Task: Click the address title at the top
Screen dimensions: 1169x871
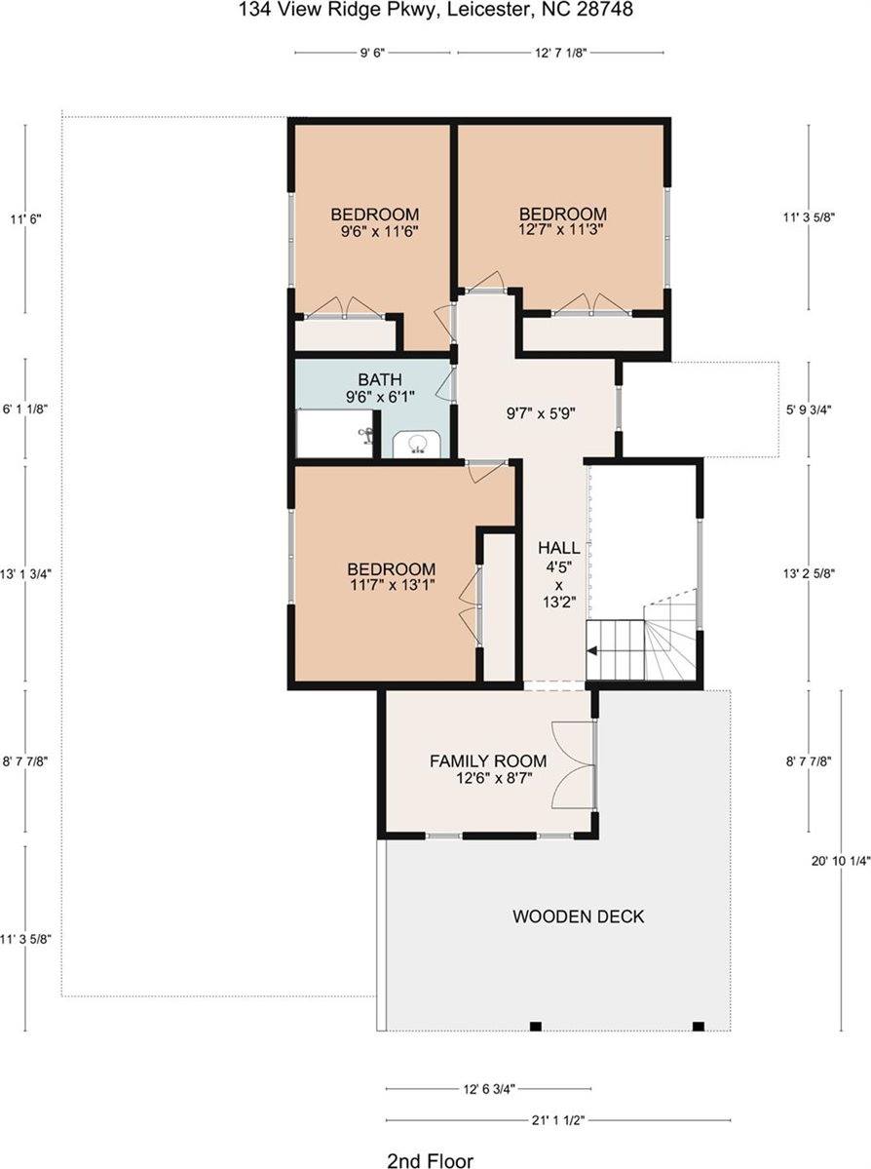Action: [x=435, y=11]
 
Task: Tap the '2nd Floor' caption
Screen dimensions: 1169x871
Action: [x=430, y=1160]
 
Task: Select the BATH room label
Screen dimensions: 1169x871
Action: [x=380, y=379]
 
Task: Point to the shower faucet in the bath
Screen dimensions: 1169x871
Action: [x=367, y=436]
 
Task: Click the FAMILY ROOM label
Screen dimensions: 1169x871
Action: [x=488, y=760]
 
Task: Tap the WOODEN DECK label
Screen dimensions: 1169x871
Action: [x=579, y=916]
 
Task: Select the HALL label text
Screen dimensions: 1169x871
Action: [x=559, y=548]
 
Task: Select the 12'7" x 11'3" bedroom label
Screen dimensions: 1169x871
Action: [x=562, y=222]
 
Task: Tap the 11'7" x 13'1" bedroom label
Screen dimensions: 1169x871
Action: [x=392, y=577]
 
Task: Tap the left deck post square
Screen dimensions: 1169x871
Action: [x=535, y=1026]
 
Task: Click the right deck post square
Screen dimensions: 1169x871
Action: [x=698, y=1026]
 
